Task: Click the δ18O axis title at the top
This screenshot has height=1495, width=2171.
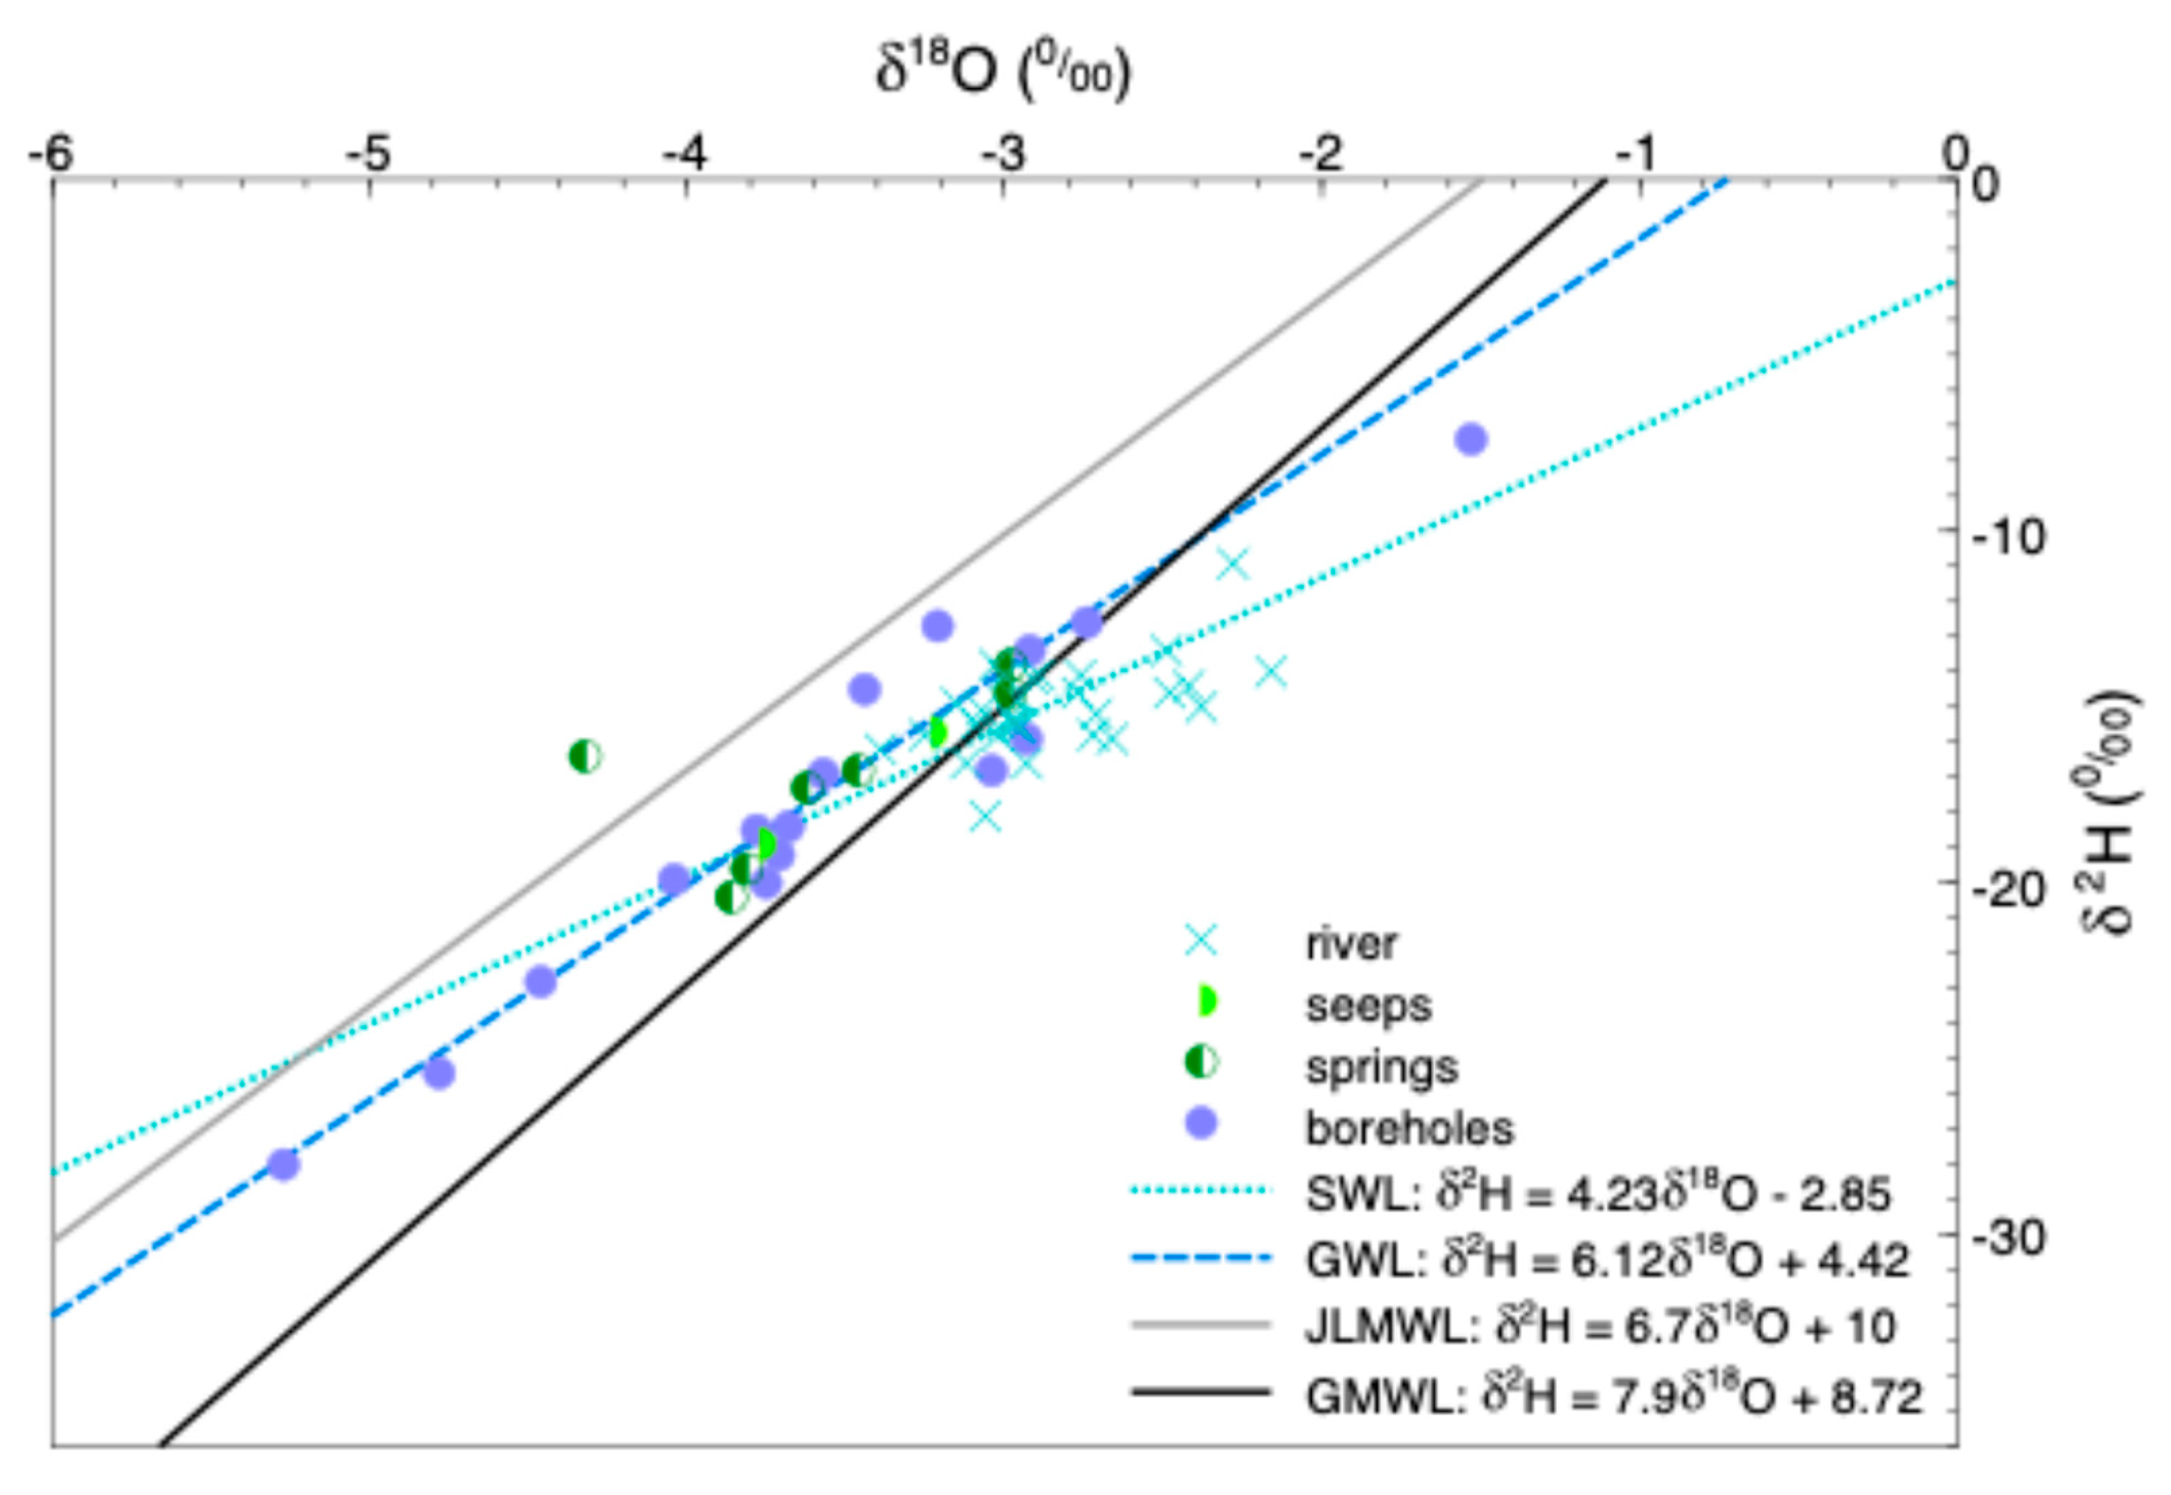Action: coord(1002,72)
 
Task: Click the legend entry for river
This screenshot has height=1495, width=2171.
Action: coord(1350,944)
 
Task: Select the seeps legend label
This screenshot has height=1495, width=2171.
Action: coord(1369,1005)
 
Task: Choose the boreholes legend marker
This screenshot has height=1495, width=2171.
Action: coord(1201,1123)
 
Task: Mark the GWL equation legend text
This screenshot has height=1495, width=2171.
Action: coord(1606,1261)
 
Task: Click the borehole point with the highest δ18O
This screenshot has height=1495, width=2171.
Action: coord(1471,440)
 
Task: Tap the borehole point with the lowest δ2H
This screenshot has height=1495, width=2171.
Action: coord(282,1164)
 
